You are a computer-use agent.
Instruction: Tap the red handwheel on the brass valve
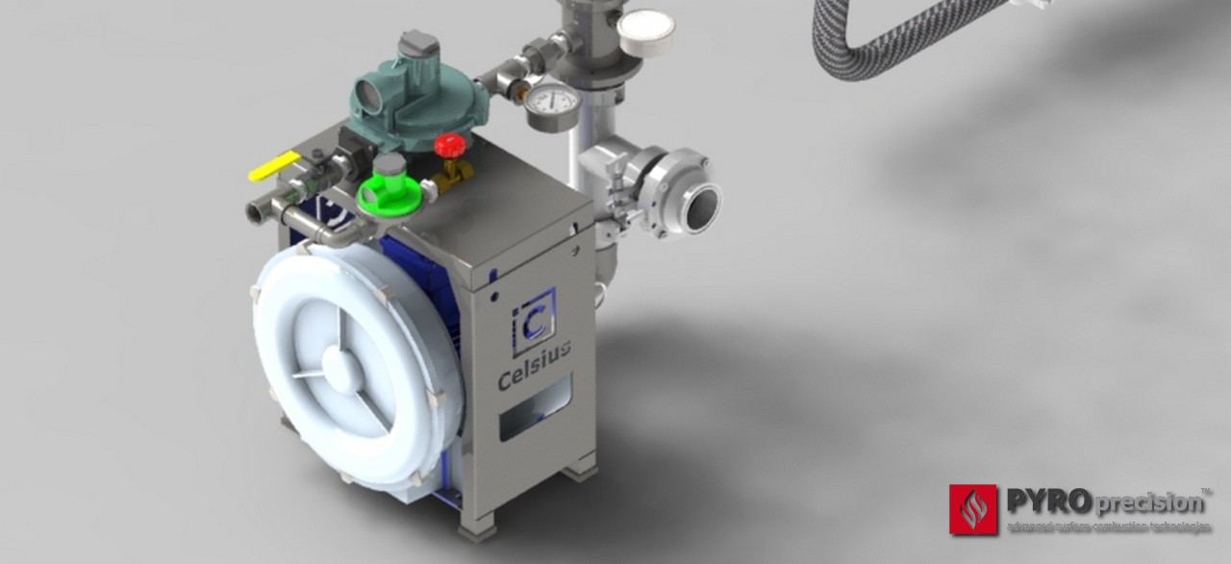point(448,146)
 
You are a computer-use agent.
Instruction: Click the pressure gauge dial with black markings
point(552,101)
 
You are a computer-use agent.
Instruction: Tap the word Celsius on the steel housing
point(534,367)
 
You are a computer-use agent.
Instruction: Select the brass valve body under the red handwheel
point(451,174)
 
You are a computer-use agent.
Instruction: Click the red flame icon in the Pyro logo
point(973,508)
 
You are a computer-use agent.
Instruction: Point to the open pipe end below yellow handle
point(259,209)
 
